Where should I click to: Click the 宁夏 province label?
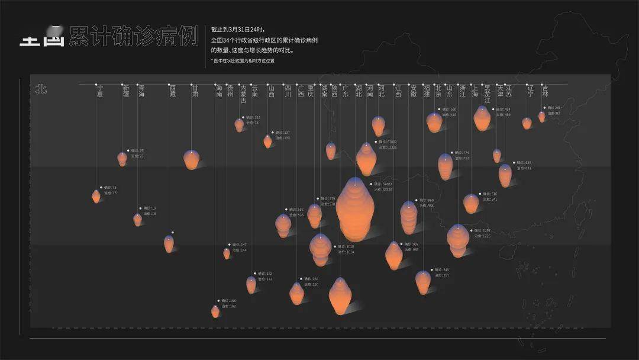100,90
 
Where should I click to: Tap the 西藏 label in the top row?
172,90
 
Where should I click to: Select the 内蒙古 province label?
243,94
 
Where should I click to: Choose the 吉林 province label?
545,90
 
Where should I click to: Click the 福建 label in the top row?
427,90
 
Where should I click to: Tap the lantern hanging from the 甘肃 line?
191,159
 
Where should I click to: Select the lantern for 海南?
215,311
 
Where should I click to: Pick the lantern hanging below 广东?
340,295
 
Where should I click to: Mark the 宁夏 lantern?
96,196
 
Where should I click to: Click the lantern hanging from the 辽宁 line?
527,123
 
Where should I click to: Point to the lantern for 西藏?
169,243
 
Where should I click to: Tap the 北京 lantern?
434,123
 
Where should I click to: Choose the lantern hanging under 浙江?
458,240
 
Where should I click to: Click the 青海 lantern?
138,219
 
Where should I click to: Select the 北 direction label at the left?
41,89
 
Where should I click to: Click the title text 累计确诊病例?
133,36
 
